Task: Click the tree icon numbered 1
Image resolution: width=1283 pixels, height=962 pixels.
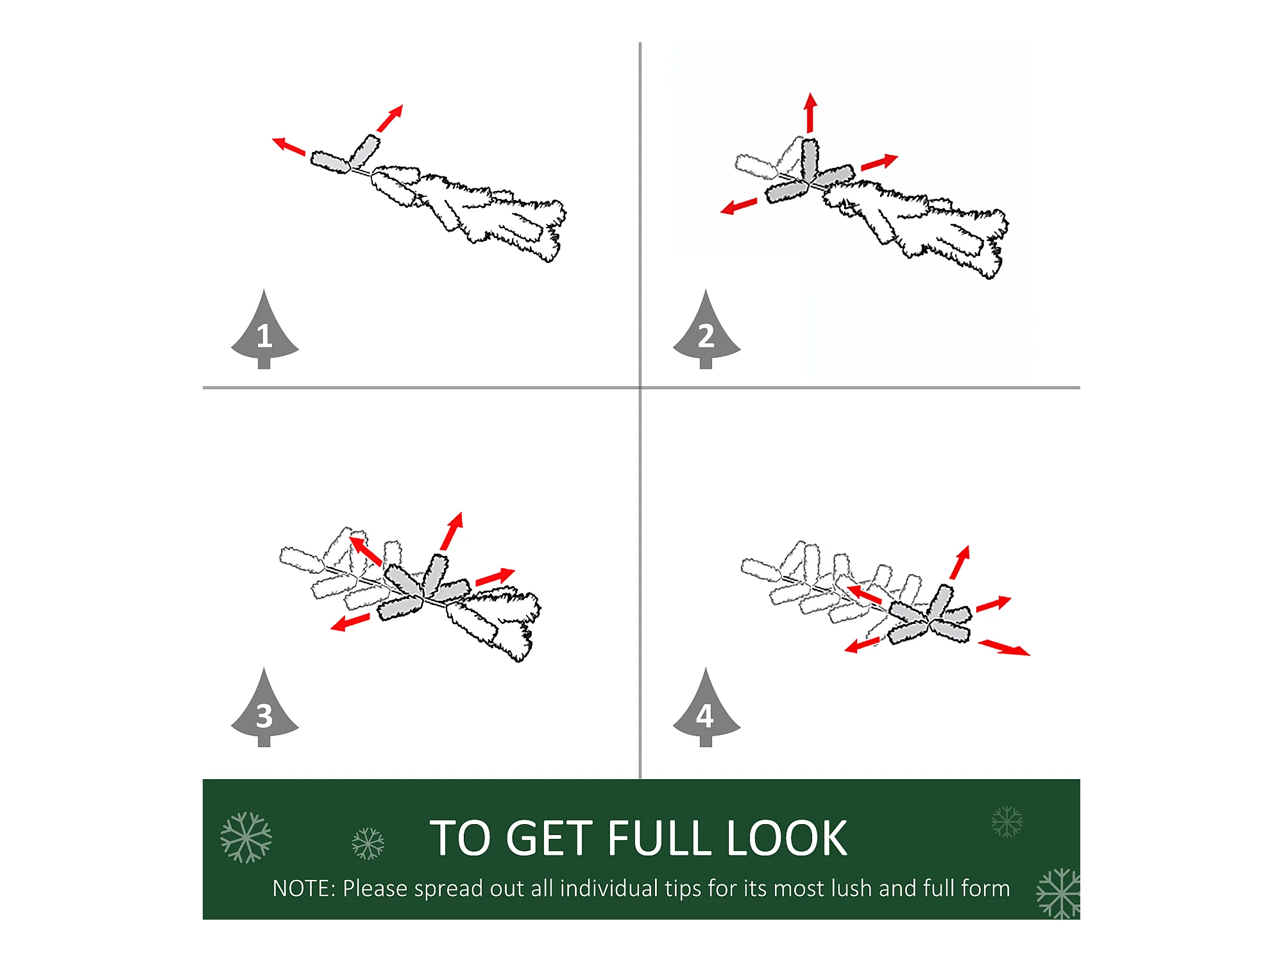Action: coord(264,330)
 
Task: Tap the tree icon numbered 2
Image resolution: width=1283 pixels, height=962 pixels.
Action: coord(706,330)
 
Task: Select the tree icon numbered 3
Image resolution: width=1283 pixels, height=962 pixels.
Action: coord(264,709)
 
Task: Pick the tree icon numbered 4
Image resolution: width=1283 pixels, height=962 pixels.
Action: coord(706,709)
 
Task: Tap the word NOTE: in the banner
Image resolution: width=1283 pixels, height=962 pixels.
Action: coord(304,888)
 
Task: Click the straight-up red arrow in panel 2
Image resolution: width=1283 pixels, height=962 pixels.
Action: coord(811,113)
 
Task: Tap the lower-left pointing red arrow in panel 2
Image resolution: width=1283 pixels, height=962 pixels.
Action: coord(738,207)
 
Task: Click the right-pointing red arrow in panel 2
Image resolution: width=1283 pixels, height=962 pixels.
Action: coord(879,162)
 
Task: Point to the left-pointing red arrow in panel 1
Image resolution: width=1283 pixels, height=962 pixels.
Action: coord(289,146)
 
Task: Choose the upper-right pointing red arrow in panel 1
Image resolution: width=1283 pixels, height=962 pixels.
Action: coord(390,119)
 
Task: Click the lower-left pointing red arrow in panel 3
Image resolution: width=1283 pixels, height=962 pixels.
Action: coord(350,622)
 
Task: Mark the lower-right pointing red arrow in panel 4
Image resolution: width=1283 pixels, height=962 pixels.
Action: coord(1004,647)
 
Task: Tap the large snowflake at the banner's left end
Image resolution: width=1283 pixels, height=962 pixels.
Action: coord(246,837)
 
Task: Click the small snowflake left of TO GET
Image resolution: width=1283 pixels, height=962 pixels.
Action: coord(368,843)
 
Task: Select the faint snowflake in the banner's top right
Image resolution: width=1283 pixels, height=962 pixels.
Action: coord(1007,822)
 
